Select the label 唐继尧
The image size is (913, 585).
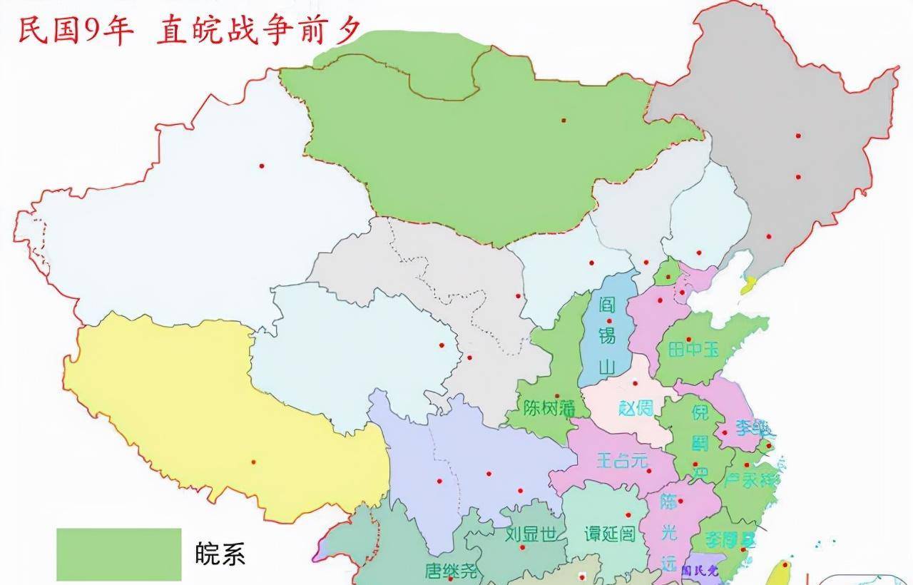[452, 571]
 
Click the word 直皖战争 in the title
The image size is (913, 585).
[235, 33]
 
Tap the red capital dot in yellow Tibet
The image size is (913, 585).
[253, 462]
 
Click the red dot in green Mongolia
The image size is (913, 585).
[563, 120]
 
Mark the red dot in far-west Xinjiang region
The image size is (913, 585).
[262, 166]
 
